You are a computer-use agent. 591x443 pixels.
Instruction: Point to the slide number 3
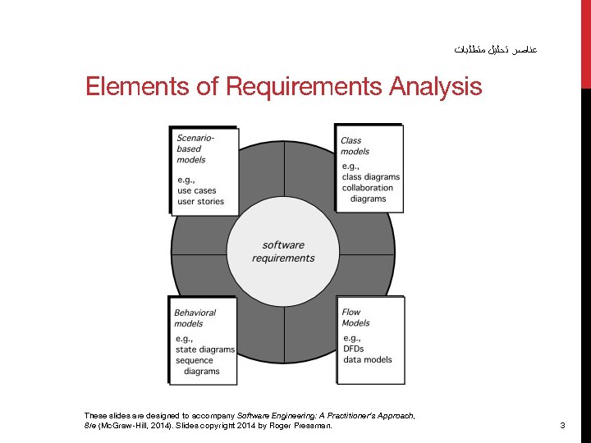coord(562,426)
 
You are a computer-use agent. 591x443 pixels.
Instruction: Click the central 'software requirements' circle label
coord(283,251)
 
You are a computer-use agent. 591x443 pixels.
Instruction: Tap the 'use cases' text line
coord(197,191)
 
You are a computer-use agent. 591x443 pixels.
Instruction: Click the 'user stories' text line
coord(200,202)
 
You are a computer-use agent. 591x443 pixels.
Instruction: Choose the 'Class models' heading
coord(355,145)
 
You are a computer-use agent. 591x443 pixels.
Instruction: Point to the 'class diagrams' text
coord(371,177)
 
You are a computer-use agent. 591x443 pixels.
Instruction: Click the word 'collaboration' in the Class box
coord(368,188)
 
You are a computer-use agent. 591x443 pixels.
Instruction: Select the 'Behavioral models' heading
coord(195,317)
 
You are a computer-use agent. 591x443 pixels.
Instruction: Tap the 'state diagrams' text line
coord(204,349)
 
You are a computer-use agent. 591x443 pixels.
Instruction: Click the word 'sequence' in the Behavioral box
coord(195,360)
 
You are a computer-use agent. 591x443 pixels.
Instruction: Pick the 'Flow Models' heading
coord(355,317)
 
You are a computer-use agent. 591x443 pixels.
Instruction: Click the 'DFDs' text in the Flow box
coord(353,349)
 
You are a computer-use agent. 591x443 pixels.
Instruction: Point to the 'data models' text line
coord(367,359)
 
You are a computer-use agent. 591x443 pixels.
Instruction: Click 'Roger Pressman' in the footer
coord(303,426)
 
